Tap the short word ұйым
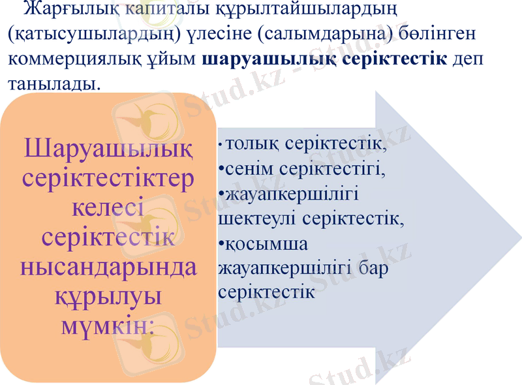click(x=181, y=59)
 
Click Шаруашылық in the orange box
click(x=108, y=151)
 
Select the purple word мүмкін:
click(x=108, y=324)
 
